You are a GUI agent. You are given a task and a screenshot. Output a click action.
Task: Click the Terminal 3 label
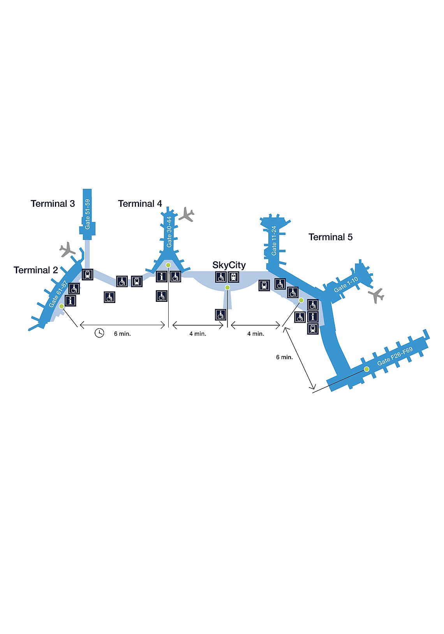[x=53, y=204]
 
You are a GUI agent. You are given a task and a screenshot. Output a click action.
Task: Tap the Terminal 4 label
[x=140, y=204]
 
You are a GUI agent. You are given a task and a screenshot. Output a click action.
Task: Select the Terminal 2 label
[x=36, y=270]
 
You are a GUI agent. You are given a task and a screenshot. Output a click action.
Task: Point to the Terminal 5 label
[x=330, y=237]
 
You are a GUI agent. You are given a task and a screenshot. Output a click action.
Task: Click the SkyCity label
[x=229, y=265]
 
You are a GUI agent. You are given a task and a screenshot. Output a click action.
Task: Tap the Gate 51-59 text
[x=88, y=214]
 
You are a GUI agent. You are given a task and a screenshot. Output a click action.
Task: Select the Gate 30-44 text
[x=169, y=232]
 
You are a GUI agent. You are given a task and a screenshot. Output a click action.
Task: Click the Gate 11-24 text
[x=274, y=241]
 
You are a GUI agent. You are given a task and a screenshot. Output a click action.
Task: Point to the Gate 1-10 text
[x=346, y=284]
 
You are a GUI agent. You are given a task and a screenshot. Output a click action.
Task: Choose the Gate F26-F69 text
[x=395, y=356]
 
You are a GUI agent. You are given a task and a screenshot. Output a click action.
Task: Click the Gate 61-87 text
[x=58, y=294]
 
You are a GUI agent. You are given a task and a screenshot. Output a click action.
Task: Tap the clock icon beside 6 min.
[x=99, y=333]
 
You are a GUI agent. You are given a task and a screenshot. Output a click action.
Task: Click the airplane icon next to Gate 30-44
[x=187, y=215]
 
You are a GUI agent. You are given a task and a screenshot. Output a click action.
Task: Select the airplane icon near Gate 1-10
[x=376, y=296]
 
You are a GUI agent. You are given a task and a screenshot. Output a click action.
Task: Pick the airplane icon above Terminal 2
[x=67, y=249]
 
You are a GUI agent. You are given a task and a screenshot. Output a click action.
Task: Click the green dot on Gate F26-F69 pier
[x=366, y=369]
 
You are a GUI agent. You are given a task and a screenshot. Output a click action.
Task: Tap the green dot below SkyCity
[x=227, y=287]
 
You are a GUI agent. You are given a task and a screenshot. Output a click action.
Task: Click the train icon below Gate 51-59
[x=88, y=275]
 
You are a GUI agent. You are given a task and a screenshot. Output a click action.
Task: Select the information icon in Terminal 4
[x=162, y=276]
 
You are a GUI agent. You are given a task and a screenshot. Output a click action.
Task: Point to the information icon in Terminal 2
[x=70, y=301]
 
